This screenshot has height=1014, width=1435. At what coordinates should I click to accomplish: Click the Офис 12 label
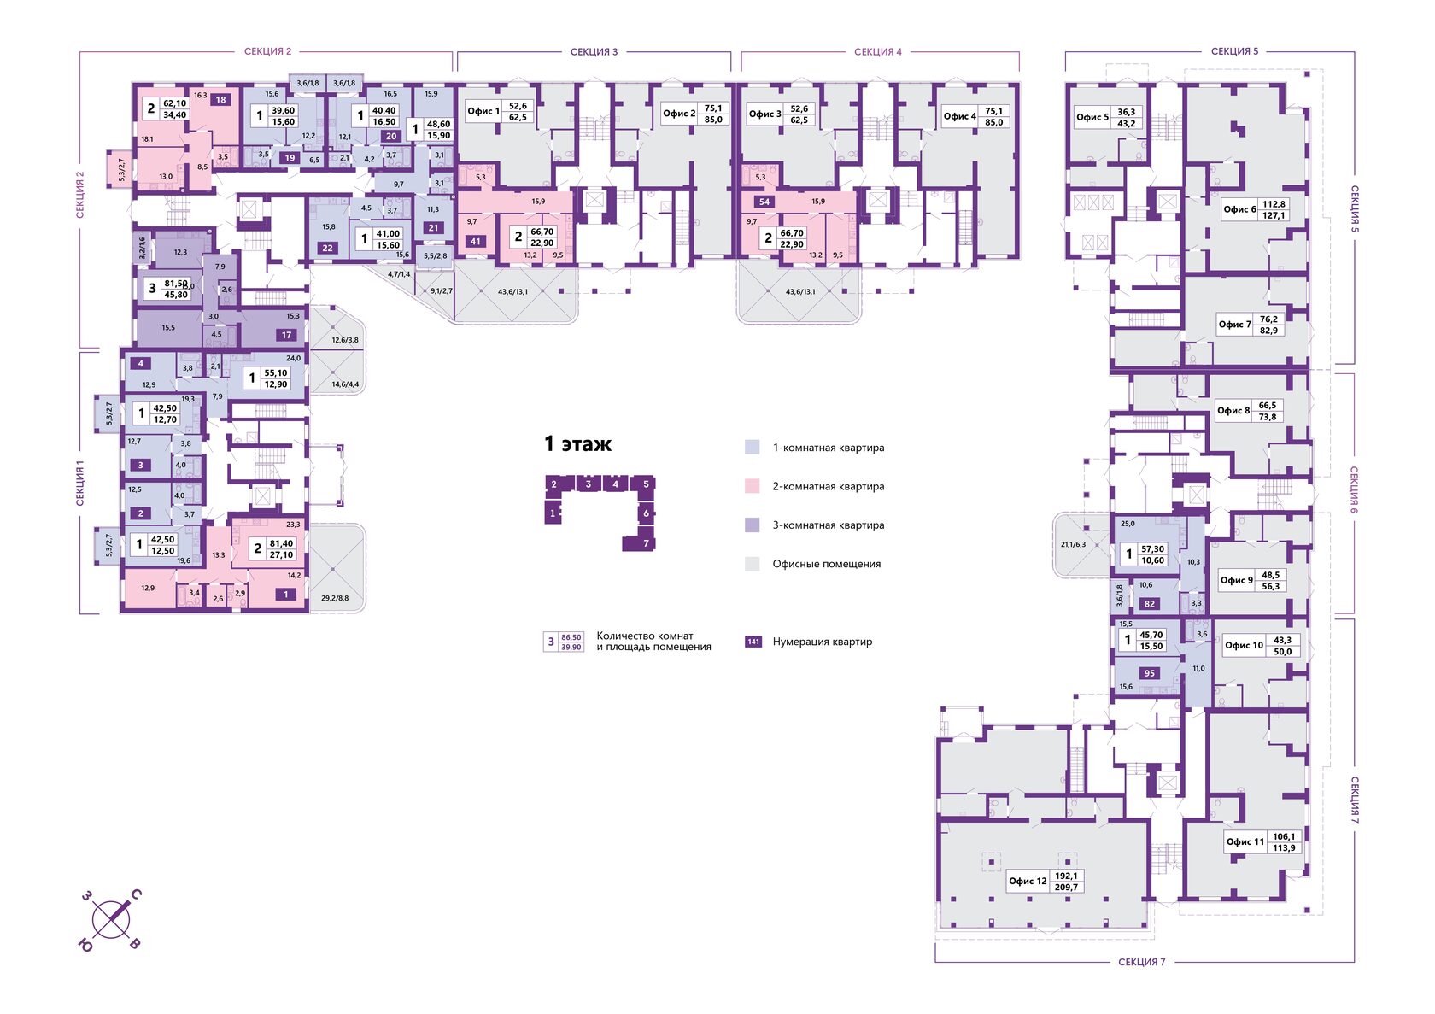pyautogui.click(x=1027, y=881)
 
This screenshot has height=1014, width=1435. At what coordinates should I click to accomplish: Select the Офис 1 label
pyautogui.click(x=483, y=111)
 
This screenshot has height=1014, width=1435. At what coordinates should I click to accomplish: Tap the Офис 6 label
pyautogui.click(x=1239, y=209)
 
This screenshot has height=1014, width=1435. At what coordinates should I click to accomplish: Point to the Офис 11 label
pyautogui.click(x=1245, y=841)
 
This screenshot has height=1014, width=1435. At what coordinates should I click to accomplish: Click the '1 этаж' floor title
pyautogui.click(x=577, y=444)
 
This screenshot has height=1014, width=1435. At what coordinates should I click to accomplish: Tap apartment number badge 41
pyautogui.click(x=476, y=242)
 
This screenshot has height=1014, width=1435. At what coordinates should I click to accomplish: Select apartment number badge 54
pyautogui.click(x=764, y=202)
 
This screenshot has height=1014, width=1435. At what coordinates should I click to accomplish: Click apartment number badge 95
pyautogui.click(x=1149, y=673)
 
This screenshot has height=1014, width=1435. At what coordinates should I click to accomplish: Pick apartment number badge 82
pyautogui.click(x=1149, y=604)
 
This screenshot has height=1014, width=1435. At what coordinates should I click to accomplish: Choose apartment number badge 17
pyautogui.click(x=287, y=335)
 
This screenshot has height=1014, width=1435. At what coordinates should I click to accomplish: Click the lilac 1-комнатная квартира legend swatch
pyautogui.click(x=752, y=447)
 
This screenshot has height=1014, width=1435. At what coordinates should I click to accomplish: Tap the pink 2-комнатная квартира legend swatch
pyautogui.click(x=752, y=486)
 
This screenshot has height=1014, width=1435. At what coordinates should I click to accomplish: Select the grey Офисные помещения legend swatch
pyautogui.click(x=752, y=564)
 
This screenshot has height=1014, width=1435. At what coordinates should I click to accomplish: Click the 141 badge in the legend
pyautogui.click(x=753, y=642)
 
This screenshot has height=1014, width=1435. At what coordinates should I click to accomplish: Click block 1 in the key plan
pyautogui.click(x=553, y=513)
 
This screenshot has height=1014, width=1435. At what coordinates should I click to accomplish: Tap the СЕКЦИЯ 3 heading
pyautogui.click(x=594, y=52)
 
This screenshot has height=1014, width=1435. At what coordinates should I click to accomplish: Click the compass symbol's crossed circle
pyautogui.click(x=111, y=919)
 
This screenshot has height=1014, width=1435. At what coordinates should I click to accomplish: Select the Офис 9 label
pyautogui.click(x=1236, y=580)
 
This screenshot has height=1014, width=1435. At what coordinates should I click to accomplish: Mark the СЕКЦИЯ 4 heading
pyautogui.click(x=877, y=52)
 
